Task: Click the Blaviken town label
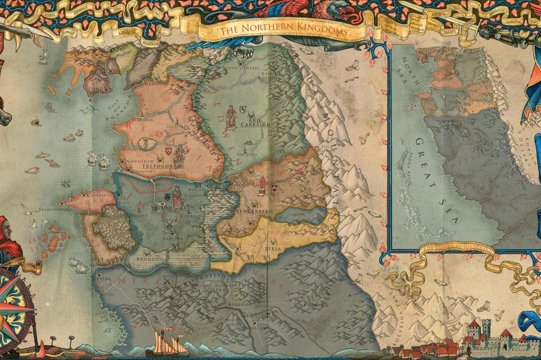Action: (136, 120)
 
